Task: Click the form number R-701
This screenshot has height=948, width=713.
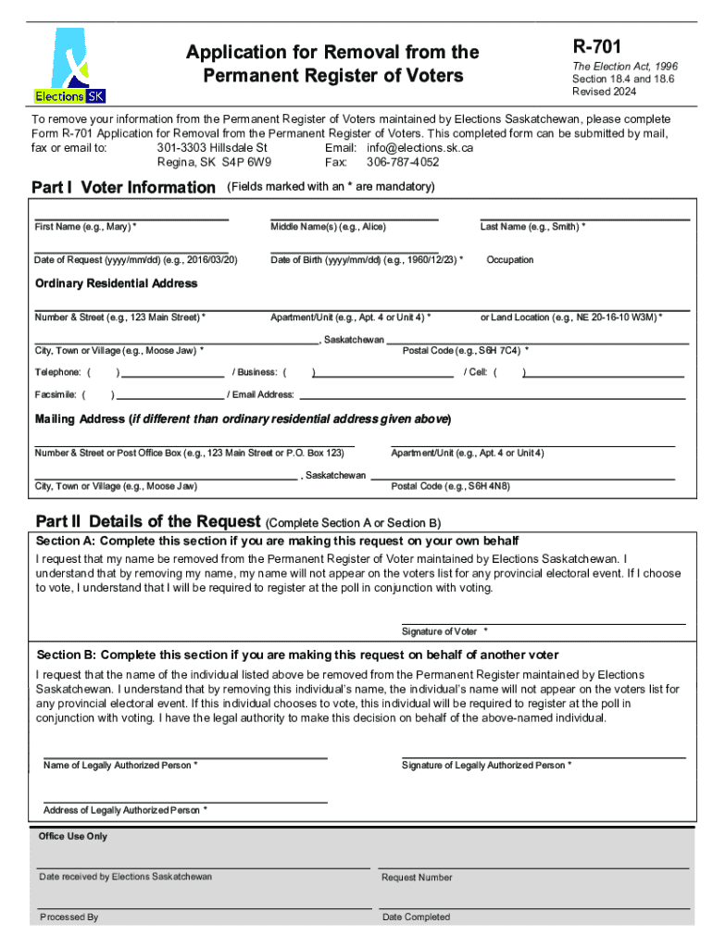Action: click(597, 45)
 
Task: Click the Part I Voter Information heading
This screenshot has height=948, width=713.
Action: click(123, 188)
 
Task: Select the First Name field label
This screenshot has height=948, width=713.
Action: click(85, 227)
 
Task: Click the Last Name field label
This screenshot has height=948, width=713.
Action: click(532, 227)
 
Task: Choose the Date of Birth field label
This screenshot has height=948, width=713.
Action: click(367, 260)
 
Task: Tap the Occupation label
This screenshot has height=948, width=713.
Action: click(509, 260)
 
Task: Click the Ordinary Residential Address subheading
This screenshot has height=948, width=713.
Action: click(116, 283)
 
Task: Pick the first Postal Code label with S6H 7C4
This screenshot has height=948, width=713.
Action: click(466, 351)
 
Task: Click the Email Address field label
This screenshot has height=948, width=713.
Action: click(263, 394)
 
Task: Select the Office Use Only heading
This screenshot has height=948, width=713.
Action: click(72, 836)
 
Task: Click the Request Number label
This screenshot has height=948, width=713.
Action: click(417, 878)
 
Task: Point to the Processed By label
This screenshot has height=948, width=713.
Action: click(69, 917)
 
